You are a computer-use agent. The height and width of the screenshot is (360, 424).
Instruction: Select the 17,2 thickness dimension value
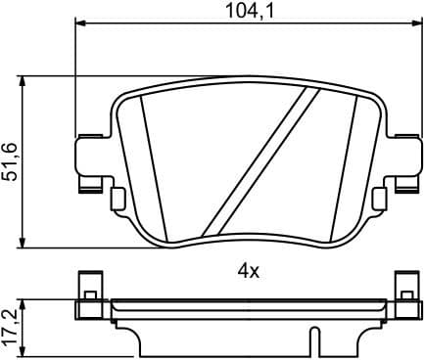tap(13, 324)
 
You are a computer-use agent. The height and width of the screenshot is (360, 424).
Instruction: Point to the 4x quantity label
tap(247, 270)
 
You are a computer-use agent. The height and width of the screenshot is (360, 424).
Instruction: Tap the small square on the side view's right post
tap(402, 292)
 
